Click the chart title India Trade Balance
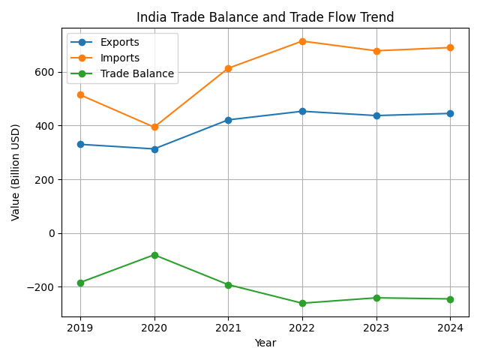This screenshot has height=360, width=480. point(265,17)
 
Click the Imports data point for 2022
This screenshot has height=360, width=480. point(302,41)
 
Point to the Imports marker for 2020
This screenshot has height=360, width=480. point(154,127)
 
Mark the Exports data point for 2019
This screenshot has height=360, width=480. point(80,144)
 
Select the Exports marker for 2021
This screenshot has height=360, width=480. point(228,120)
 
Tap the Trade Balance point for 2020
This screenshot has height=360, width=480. point(154,255)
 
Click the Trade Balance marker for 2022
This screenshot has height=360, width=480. point(302,303)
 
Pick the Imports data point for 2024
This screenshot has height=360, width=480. point(450,47)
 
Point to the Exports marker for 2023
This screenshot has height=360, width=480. point(376,115)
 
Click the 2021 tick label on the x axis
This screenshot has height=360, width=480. point(228,328)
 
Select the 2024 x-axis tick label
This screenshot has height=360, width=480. point(450,328)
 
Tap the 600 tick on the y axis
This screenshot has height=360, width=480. point(46,72)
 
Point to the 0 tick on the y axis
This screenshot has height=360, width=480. point(52,233)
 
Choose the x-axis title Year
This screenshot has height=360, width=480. point(265,343)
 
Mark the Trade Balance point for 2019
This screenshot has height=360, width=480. point(80,283)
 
